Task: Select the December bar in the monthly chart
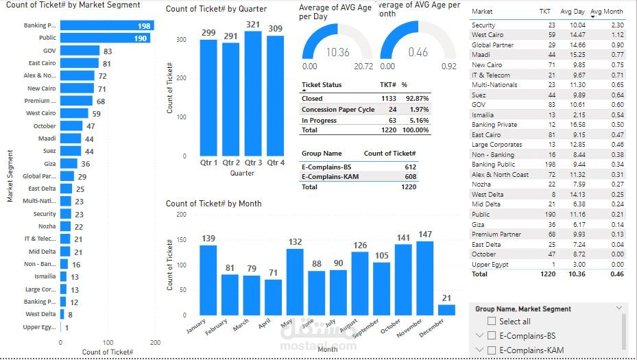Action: [446, 310]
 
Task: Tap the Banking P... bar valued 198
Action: [107, 25]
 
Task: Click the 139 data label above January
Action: [208, 239]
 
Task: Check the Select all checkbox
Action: [490, 321]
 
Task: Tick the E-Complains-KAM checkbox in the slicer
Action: [490, 350]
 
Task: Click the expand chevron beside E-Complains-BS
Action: [479, 336]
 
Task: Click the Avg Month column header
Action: [607, 12]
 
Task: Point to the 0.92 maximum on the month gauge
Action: [449, 67]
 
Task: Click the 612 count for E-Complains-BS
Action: [410, 167]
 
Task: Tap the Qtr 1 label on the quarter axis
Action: [208, 163]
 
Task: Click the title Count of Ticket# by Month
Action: [213, 204]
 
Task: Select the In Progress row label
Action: [320, 121]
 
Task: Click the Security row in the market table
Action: [483, 25]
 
